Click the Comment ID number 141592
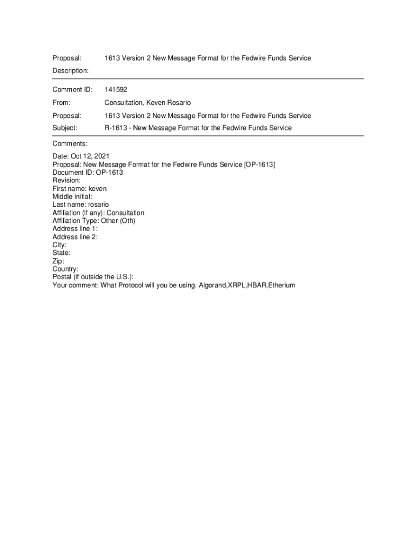(x=116, y=90)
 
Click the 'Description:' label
(x=70, y=71)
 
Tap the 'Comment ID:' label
(x=72, y=90)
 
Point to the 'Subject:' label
(x=65, y=128)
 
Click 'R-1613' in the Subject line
(x=115, y=128)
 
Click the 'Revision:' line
(x=66, y=181)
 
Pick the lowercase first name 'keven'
(x=98, y=189)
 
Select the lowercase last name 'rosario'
(x=98, y=205)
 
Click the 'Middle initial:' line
(x=72, y=197)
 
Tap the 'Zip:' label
(x=58, y=261)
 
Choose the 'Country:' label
(x=65, y=269)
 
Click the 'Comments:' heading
(x=70, y=143)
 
